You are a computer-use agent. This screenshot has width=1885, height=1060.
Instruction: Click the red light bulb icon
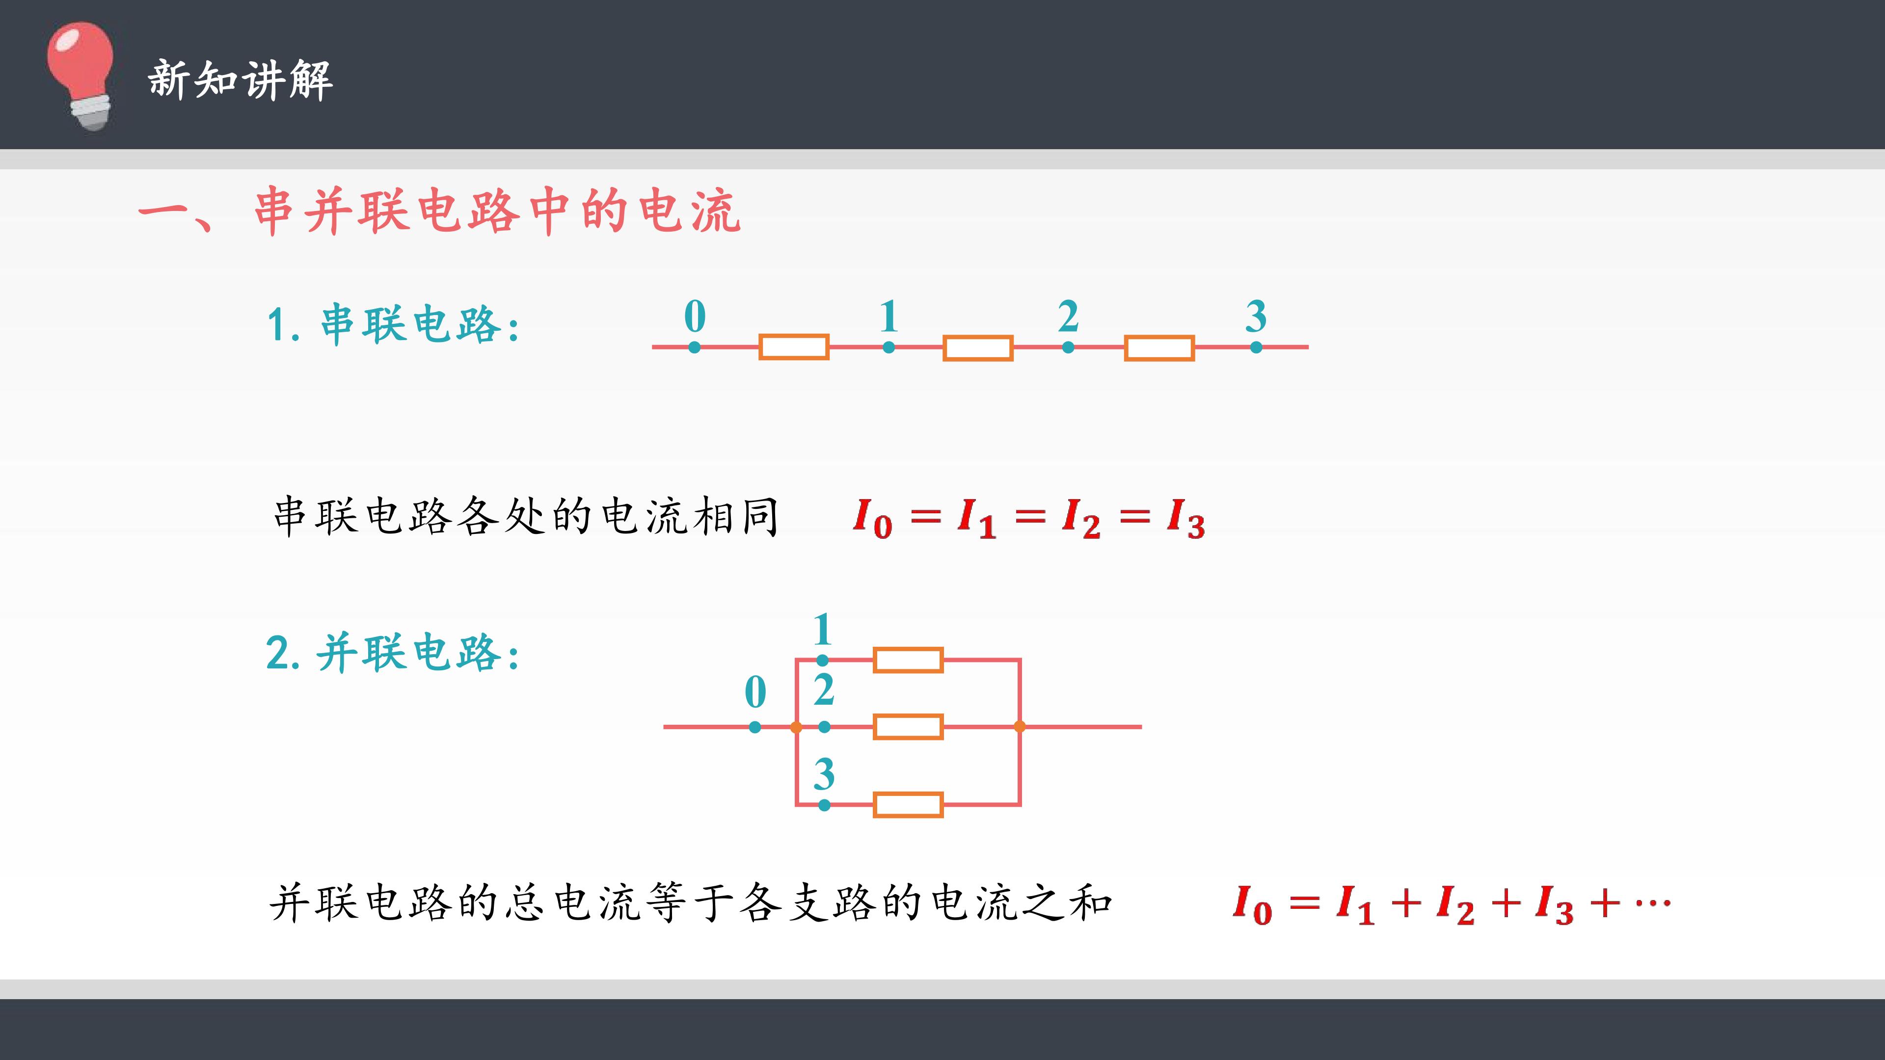(81, 76)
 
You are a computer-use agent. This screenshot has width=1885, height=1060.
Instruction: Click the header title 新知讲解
(241, 79)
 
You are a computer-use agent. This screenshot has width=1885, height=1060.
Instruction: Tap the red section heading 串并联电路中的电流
(498, 212)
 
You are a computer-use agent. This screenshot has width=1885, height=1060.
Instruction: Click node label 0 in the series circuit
(695, 316)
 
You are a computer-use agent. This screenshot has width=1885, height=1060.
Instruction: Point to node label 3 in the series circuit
(1256, 316)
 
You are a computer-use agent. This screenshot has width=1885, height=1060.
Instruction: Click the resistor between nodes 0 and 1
(794, 347)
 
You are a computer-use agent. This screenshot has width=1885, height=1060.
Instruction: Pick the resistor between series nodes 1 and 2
(978, 348)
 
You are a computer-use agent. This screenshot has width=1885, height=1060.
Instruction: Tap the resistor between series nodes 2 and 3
(1159, 348)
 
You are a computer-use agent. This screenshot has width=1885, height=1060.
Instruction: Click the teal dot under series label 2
(1068, 347)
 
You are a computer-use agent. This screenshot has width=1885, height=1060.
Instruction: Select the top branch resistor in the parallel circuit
(908, 660)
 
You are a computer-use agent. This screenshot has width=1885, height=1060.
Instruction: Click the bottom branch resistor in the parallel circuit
(908, 805)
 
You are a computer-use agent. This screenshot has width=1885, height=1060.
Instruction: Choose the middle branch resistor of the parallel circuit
(908, 727)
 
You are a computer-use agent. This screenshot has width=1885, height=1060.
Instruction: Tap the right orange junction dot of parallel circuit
(1020, 726)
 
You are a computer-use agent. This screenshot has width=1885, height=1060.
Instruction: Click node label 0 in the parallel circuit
(755, 692)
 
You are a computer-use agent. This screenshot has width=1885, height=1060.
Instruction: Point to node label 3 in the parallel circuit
(824, 774)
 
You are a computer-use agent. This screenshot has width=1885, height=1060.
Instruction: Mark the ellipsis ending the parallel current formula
(1653, 903)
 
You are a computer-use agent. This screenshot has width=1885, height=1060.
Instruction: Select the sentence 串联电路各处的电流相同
(525, 516)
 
